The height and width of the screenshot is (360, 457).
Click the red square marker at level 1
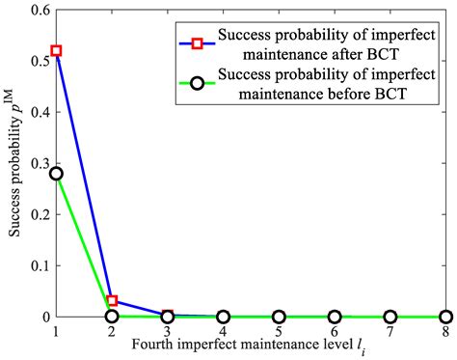tap(56, 50)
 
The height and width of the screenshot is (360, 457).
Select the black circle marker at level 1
tap(56, 174)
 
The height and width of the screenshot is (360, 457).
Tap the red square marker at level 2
tap(112, 301)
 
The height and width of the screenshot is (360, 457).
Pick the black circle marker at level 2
tap(112, 316)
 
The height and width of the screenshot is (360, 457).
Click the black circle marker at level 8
tap(446, 317)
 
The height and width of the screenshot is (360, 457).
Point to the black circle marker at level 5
tap(280, 317)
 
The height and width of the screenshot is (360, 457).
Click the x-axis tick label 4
tap(224, 332)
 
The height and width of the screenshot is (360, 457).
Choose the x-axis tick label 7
tap(390, 332)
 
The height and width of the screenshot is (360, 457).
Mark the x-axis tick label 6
tap(335, 332)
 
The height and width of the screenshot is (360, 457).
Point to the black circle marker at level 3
tap(168, 317)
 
